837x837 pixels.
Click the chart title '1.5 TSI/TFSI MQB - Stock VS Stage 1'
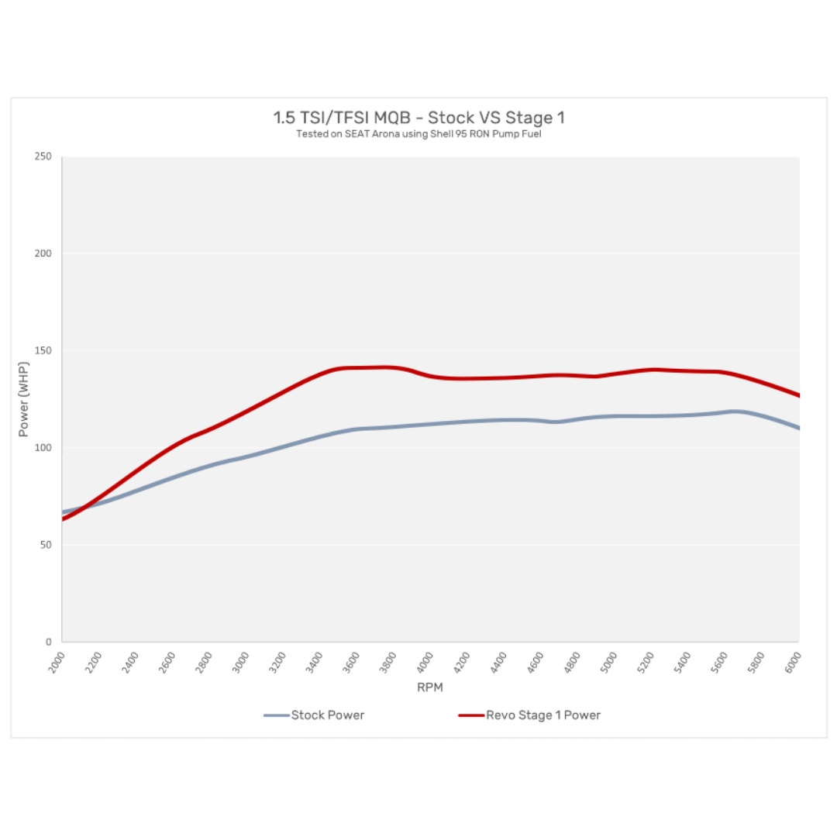(418, 118)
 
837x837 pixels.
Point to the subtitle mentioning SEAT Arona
(418, 134)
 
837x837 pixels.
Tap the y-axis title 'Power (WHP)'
(24, 399)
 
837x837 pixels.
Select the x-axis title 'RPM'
(430, 687)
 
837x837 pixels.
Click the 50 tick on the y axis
(45, 545)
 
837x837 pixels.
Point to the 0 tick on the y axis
(48, 642)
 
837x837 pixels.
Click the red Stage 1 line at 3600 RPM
(356, 367)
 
